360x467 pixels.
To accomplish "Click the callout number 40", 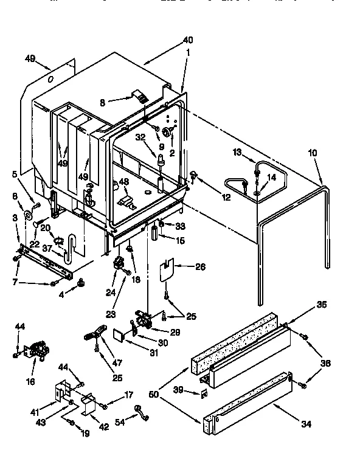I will (x=188, y=40).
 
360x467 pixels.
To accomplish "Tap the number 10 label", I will (x=312, y=153).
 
